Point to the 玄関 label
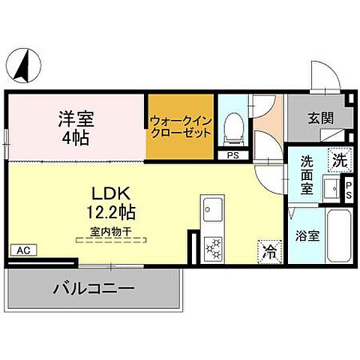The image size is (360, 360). point(320,118)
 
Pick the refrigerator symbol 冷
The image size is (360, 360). point(268,252)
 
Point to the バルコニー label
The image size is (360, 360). point(94,289)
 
